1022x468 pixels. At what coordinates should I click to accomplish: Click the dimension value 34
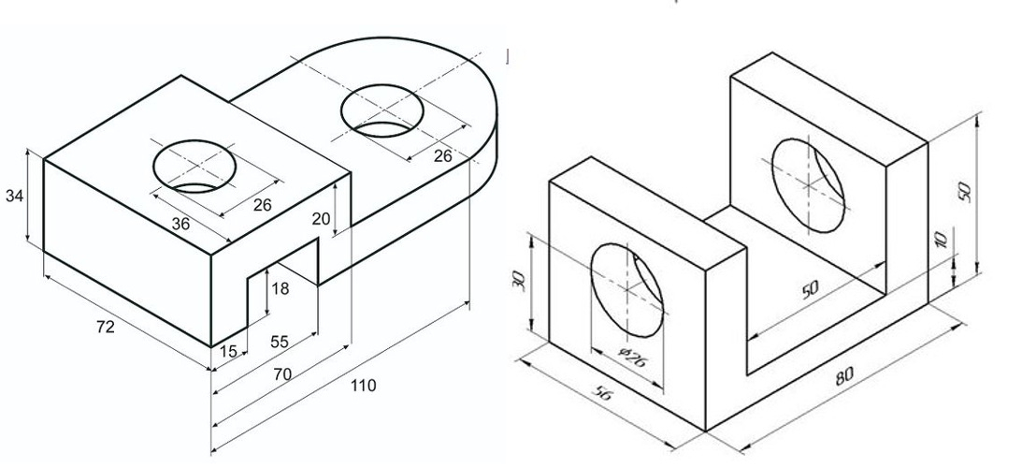pos(14,196)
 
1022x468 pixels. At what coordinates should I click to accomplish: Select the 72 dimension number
pos(105,327)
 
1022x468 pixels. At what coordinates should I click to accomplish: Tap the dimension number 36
pos(180,223)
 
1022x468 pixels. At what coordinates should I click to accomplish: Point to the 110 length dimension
pos(363,385)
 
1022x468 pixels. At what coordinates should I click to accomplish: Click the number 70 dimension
pos(282,373)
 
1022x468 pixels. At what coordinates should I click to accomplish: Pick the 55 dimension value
pos(279,342)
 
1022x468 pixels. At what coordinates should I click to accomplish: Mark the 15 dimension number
pos(228,351)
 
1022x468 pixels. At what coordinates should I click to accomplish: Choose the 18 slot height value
pos(280,288)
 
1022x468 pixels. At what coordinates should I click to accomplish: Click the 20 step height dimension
pos(322,219)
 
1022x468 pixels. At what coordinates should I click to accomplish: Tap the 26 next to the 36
pos(262,205)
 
